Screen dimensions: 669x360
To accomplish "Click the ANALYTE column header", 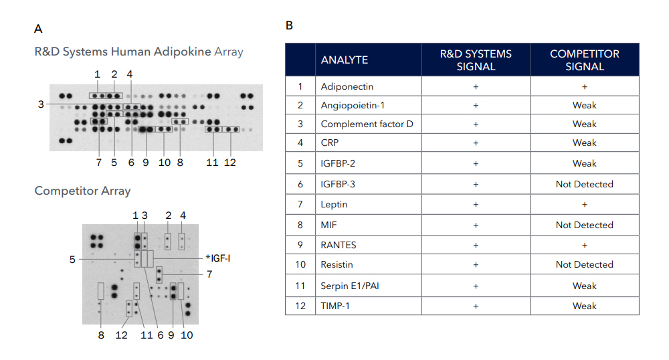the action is tap(345, 60).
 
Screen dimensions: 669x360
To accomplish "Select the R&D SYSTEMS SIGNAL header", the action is tap(476, 60).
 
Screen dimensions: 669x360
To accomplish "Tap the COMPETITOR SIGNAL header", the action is tap(585, 60).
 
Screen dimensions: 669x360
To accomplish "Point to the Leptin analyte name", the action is tap(334, 204).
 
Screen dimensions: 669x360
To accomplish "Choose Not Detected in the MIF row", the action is tap(585, 225).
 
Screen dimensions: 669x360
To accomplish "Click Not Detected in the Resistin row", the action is tap(585, 264).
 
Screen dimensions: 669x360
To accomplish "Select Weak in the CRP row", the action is tap(585, 143).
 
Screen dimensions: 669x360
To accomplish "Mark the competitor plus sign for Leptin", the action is tap(585, 205).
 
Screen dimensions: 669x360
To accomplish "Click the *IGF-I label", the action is tap(217, 258).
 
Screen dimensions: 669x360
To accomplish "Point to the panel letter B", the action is tap(289, 25).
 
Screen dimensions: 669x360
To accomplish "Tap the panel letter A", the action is tap(38, 29).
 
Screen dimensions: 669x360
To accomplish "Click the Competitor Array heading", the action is tap(82, 191).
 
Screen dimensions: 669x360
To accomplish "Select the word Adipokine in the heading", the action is tap(182, 52).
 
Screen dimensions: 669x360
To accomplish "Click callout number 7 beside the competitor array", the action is tap(209, 274).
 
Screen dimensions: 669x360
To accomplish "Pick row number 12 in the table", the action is tap(300, 306).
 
